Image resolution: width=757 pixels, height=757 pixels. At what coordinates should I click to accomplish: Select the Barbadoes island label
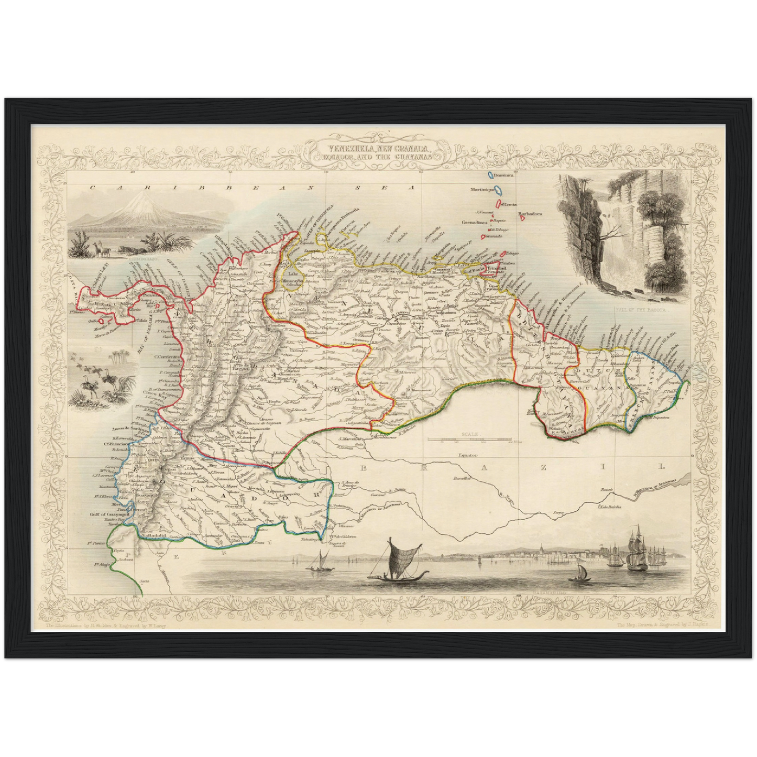tap(530, 214)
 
